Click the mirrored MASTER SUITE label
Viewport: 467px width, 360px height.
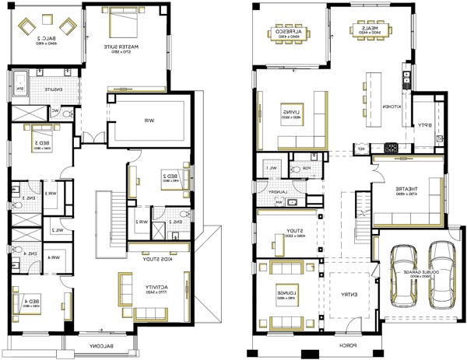tap(124, 49)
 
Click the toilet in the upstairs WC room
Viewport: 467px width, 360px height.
tap(68, 113)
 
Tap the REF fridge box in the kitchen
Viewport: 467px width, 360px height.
tap(360, 148)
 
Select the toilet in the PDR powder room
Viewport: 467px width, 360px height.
tap(295, 169)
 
